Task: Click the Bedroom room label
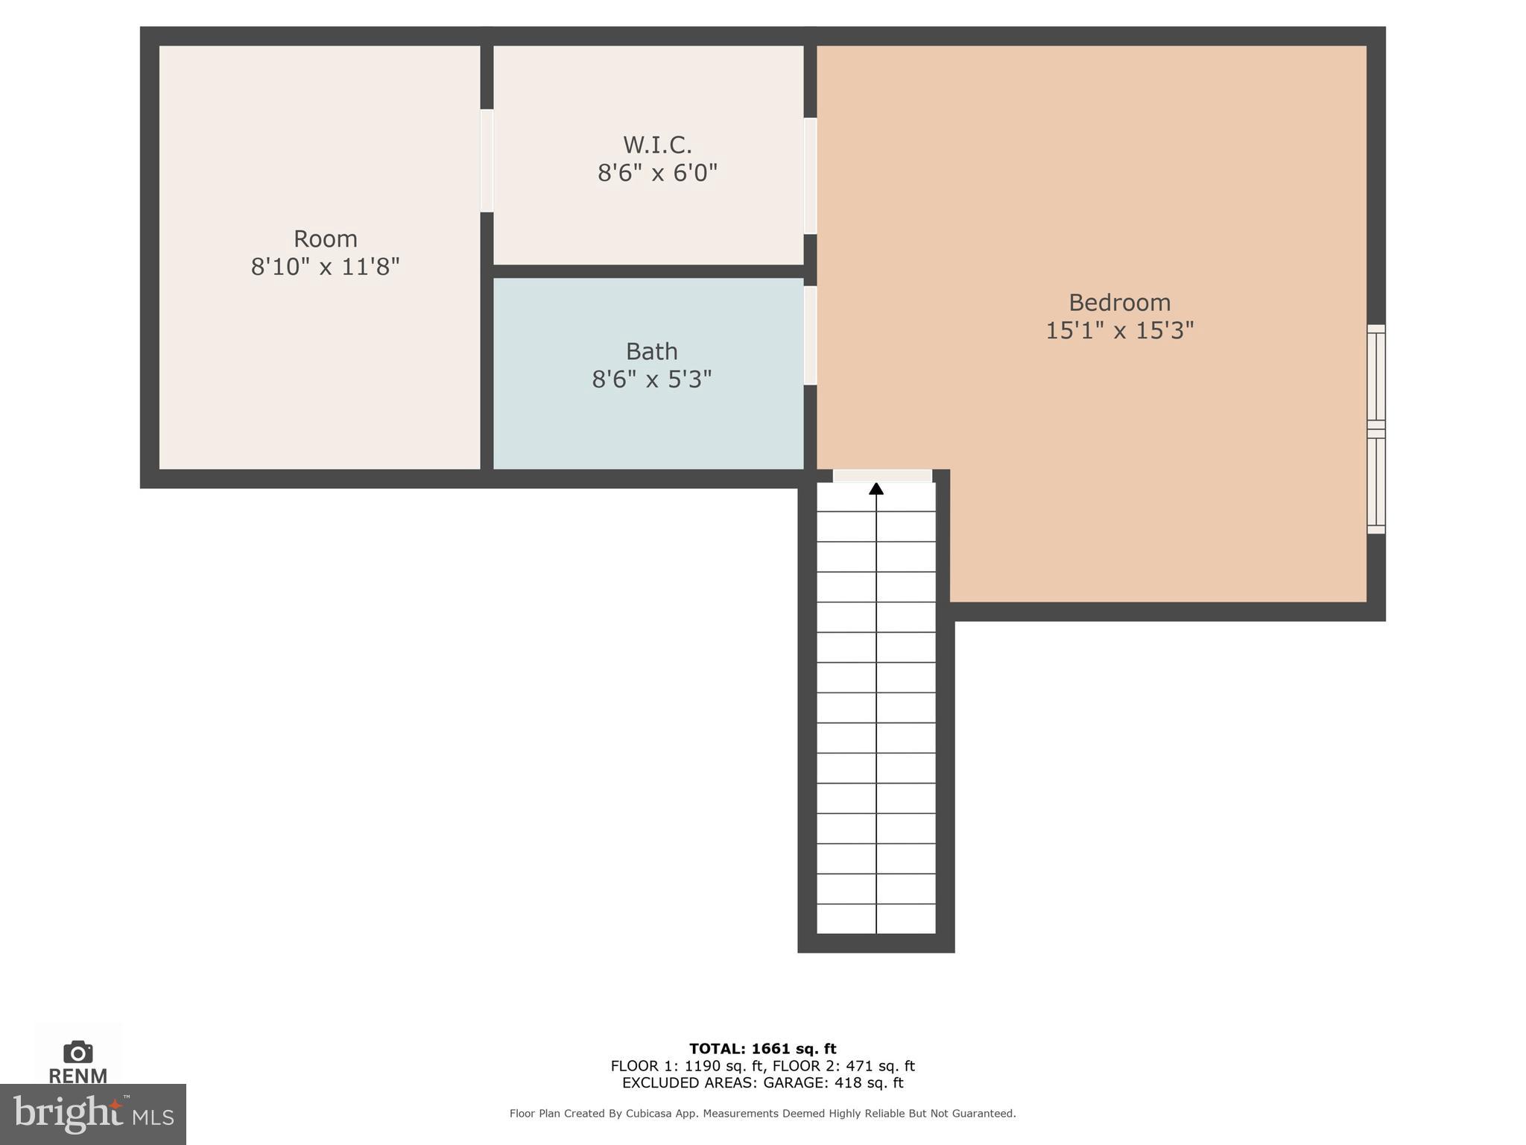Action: [1119, 303]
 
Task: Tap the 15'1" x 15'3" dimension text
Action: [1119, 330]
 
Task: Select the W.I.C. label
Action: [657, 144]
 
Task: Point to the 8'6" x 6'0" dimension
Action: [657, 173]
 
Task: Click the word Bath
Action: [651, 351]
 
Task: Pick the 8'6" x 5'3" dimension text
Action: [651, 379]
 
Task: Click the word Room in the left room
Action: [325, 239]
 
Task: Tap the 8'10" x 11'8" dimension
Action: [325, 266]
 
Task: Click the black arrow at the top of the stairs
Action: [876, 489]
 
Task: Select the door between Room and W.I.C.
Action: [487, 160]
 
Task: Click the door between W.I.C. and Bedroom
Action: [810, 176]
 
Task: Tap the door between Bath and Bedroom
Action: [810, 335]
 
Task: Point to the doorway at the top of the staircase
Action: [882, 476]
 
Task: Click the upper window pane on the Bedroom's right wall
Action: [1375, 376]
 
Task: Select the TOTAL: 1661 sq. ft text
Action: [762, 1049]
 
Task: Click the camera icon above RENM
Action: [77, 1052]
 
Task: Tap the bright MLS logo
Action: [92, 1114]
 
